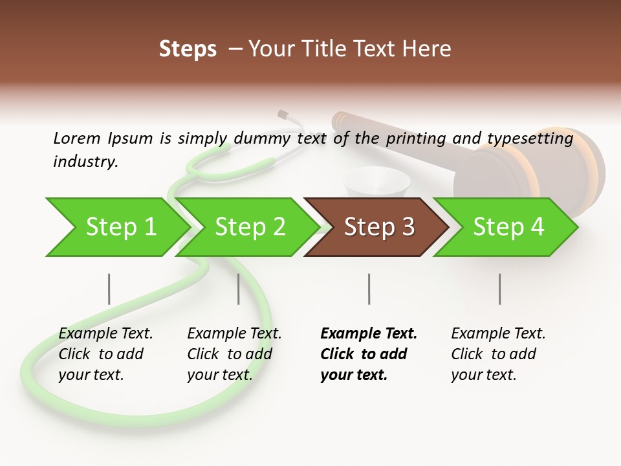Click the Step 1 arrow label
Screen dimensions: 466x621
[x=121, y=227]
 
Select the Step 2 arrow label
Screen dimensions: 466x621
[x=250, y=227]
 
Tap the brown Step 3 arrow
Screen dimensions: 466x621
[x=379, y=227]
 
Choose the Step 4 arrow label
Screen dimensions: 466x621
[x=508, y=227]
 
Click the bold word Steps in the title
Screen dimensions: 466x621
[x=188, y=49]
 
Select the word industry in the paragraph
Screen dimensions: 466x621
[x=85, y=161]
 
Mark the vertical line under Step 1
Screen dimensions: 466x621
[x=109, y=289]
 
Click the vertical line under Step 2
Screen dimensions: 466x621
[x=239, y=289]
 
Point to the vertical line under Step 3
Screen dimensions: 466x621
[x=369, y=289]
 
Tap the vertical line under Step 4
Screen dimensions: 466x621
[x=499, y=289]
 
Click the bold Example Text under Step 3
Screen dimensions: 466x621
[x=369, y=333]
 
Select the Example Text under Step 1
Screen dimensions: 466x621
[x=105, y=333]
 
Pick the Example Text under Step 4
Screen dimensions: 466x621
[x=498, y=333]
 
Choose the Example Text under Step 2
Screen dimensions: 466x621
[x=234, y=333]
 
